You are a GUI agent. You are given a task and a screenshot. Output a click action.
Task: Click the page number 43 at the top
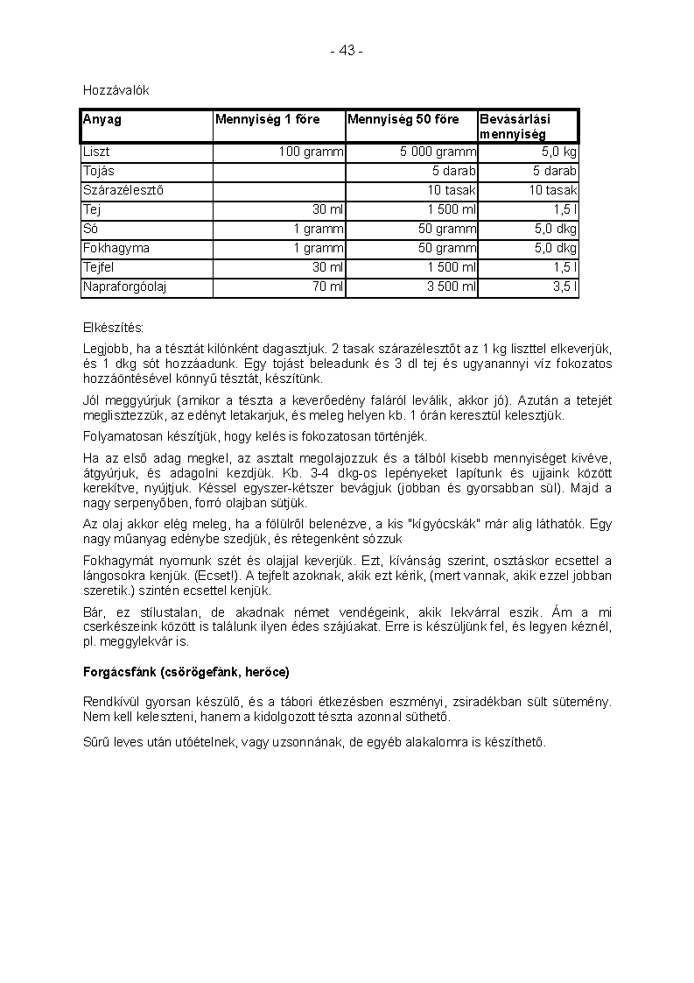[347, 51]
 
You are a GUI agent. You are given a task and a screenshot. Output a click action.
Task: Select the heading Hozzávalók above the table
[111, 90]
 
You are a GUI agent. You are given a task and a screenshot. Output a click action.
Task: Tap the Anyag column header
[102, 119]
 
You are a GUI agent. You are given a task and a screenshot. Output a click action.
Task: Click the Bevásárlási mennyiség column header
[515, 126]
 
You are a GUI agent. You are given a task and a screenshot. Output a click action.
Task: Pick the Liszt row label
[96, 152]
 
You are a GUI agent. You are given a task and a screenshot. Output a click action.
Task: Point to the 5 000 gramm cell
[438, 152]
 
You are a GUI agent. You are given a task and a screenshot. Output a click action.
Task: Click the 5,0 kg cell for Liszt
[557, 152]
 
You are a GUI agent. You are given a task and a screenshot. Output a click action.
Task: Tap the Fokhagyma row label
[116, 248]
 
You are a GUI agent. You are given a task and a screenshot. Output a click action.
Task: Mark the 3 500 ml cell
[451, 286]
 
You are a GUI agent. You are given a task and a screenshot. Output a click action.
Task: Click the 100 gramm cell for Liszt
[311, 152]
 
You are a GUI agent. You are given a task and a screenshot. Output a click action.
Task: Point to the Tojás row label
[99, 171]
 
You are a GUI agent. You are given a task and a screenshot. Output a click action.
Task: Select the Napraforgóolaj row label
[125, 286]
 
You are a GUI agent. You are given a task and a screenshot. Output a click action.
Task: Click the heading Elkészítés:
[113, 328]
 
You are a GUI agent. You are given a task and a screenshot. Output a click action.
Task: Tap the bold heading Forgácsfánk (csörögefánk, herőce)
[186, 672]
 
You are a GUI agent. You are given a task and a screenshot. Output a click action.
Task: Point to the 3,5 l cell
[564, 286]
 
